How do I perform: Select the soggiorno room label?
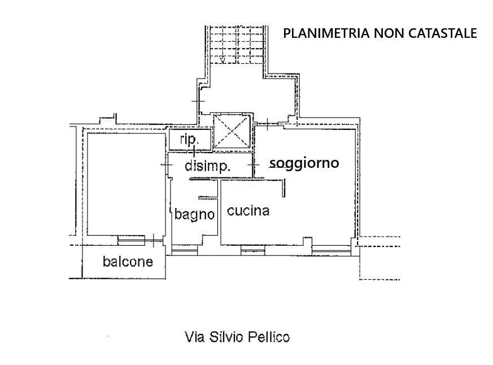tap(304, 163)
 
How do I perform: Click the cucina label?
tap(248, 211)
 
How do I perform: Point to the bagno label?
tap(195, 215)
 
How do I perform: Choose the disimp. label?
tap(207, 166)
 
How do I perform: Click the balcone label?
tap(128, 262)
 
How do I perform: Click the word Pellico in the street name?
tap(269, 337)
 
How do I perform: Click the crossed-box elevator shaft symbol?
tap(232, 131)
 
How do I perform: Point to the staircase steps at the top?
tap(236, 45)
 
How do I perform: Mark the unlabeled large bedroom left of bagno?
tap(126, 184)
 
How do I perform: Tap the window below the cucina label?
tap(253, 250)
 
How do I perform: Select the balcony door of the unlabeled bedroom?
tap(132, 240)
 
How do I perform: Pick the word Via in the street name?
tap(195, 337)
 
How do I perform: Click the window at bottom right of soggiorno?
tap(331, 250)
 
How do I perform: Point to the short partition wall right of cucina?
tap(283, 188)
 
